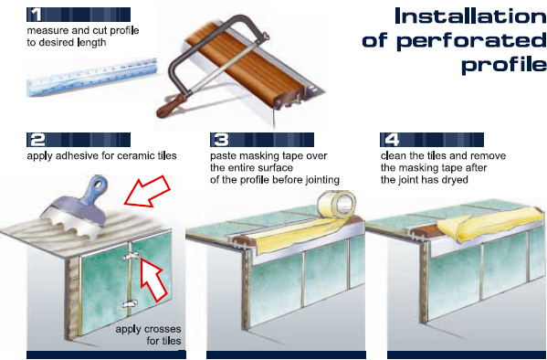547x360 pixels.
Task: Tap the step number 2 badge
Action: (x=37, y=140)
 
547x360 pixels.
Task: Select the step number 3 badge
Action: (x=221, y=140)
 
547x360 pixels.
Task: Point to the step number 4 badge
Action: (x=392, y=140)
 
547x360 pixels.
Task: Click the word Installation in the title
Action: (x=470, y=16)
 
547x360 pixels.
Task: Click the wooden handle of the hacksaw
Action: (x=172, y=105)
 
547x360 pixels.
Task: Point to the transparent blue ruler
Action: (x=92, y=77)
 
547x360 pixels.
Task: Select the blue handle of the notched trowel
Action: (x=94, y=192)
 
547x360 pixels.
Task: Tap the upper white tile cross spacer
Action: (x=131, y=257)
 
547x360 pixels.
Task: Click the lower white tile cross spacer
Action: (x=130, y=303)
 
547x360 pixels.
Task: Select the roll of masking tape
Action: (x=337, y=205)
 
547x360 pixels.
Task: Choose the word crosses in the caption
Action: (x=163, y=329)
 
